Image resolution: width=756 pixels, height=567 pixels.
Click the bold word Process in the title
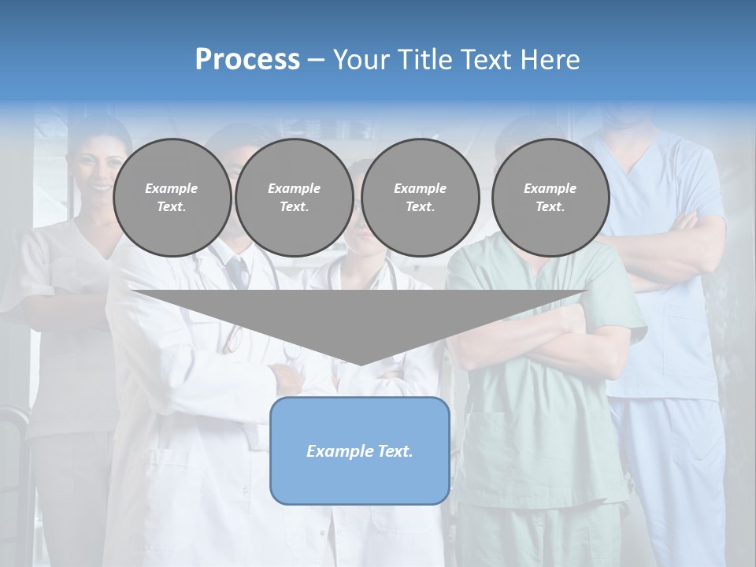coord(247,59)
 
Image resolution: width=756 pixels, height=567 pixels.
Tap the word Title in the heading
coord(422,59)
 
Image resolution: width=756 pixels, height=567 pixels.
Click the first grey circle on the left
coord(172,198)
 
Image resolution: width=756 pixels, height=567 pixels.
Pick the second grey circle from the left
coord(294,198)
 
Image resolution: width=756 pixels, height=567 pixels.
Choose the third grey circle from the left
coord(420,198)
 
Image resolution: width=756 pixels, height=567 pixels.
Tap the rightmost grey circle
coord(550,198)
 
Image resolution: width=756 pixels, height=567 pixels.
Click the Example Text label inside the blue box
coord(360,451)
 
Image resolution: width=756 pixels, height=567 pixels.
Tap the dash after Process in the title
coord(317,60)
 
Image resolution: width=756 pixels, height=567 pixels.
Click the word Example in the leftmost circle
coord(172,188)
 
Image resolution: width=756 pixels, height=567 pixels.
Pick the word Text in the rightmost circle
coord(550,207)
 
